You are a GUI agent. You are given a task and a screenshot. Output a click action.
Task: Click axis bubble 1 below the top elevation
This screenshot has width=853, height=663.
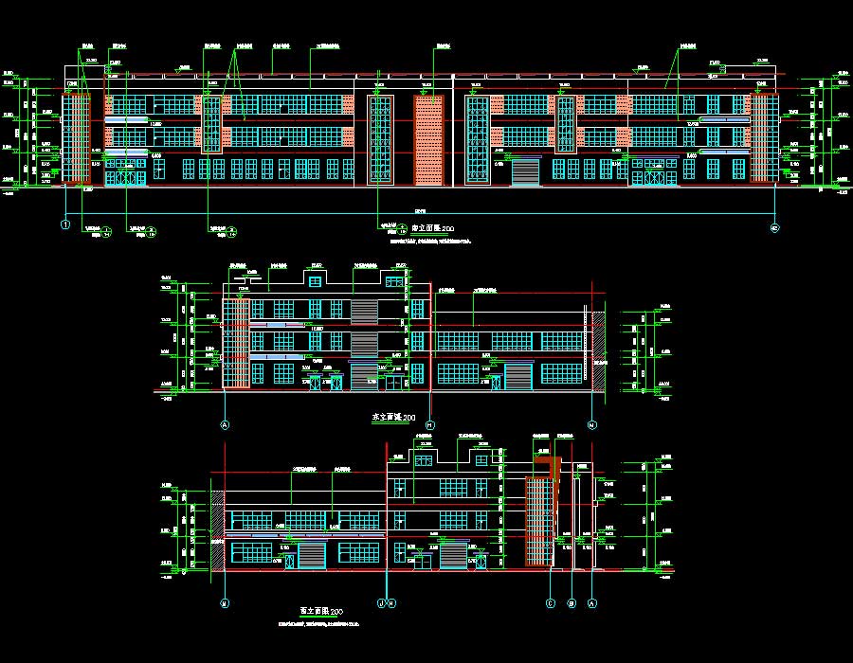tap(65, 224)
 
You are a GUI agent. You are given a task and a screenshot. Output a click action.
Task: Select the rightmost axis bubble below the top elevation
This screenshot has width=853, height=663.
tap(774, 227)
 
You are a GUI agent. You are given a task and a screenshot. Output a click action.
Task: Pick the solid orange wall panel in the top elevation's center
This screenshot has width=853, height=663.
tap(428, 139)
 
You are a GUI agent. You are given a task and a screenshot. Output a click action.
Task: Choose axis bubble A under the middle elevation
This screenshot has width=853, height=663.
tap(226, 425)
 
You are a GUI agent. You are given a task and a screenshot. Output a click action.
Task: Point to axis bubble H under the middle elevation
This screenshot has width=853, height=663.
tap(430, 425)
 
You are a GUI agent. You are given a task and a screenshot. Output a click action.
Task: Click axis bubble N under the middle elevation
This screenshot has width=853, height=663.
tap(593, 425)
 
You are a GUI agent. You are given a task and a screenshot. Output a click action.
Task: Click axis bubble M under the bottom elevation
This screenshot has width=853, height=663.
tap(225, 602)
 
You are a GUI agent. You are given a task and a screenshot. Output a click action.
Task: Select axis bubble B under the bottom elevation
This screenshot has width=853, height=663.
tap(572, 602)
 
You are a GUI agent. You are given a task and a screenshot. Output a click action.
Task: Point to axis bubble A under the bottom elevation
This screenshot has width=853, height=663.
tap(593, 602)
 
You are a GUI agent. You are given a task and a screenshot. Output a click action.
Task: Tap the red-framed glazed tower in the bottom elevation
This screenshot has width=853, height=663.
tap(539, 521)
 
